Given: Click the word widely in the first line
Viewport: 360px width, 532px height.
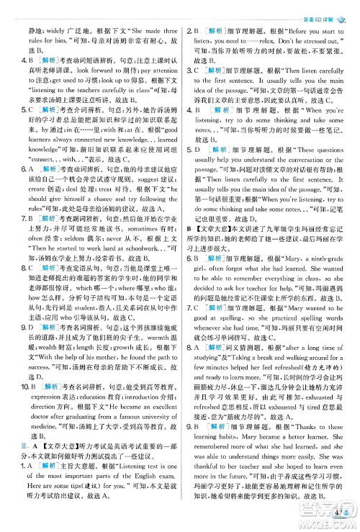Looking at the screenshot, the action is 54,32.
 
